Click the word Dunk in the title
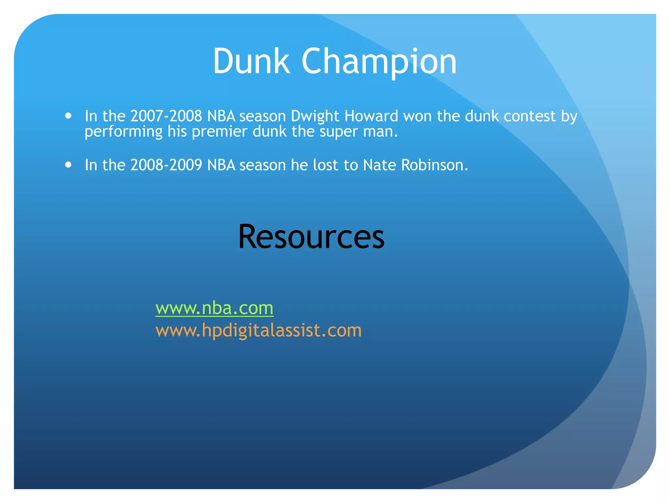pyautogui.click(x=251, y=62)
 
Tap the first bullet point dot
pyautogui.click(x=68, y=116)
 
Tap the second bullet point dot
pyautogui.click(x=68, y=164)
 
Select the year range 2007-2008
pyautogui.click(x=166, y=116)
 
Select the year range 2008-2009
pyautogui.click(x=166, y=165)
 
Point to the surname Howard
pyautogui.click(x=371, y=116)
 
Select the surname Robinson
pyautogui.click(x=434, y=165)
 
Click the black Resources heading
pyautogui.click(x=311, y=236)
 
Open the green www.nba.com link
pyautogui.click(x=214, y=308)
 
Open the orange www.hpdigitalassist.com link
pyautogui.click(x=258, y=330)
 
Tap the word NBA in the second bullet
pyautogui.click(x=221, y=165)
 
